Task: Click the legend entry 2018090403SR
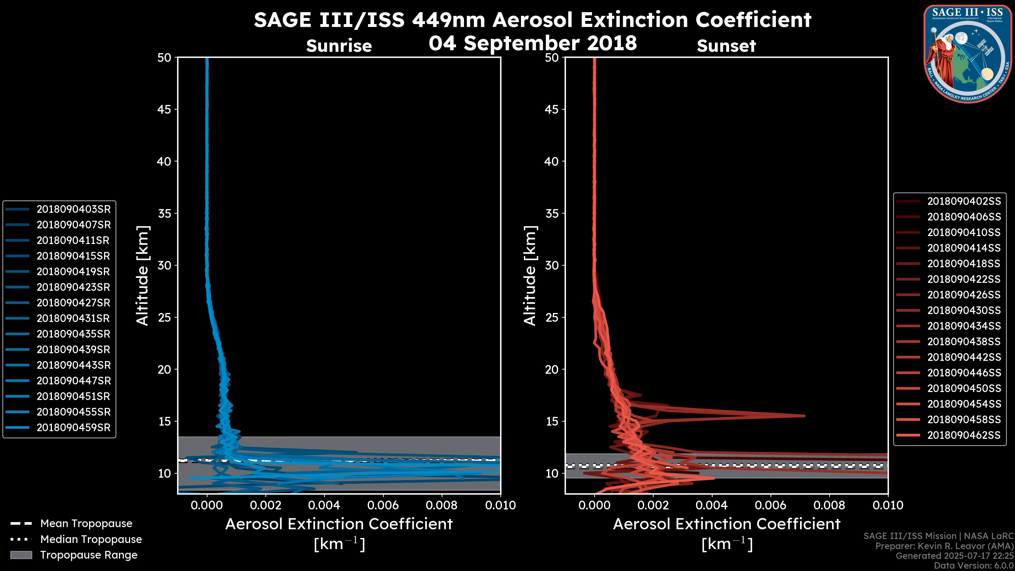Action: point(73,209)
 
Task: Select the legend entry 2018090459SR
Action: point(73,427)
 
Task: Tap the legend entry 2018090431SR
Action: point(73,318)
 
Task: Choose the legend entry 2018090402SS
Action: point(964,201)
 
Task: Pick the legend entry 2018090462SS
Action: point(964,435)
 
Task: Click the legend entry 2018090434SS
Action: point(964,326)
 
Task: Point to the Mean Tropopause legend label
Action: point(86,524)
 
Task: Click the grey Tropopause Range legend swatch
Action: point(21,555)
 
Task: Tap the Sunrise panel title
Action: point(339,46)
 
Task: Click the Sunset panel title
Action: point(726,46)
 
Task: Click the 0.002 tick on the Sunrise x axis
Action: point(266,505)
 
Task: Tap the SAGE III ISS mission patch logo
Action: point(968,54)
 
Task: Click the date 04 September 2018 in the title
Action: point(533,43)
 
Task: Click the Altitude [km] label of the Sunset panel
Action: point(530,276)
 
